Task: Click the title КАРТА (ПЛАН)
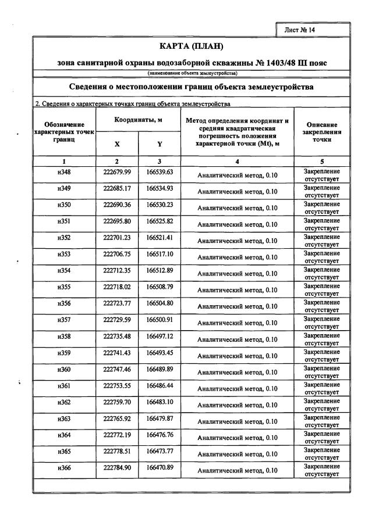(x=192, y=46)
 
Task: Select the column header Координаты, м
(x=138, y=119)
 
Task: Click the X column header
(x=116, y=144)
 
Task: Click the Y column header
(x=159, y=144)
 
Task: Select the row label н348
(x=63, y=172)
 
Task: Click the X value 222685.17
(x=117, y=188)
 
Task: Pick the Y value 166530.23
(x=160, y=205)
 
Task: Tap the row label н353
(x=63, y=254)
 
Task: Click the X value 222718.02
(x=117, y=287)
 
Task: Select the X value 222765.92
(x=117, y=418)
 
